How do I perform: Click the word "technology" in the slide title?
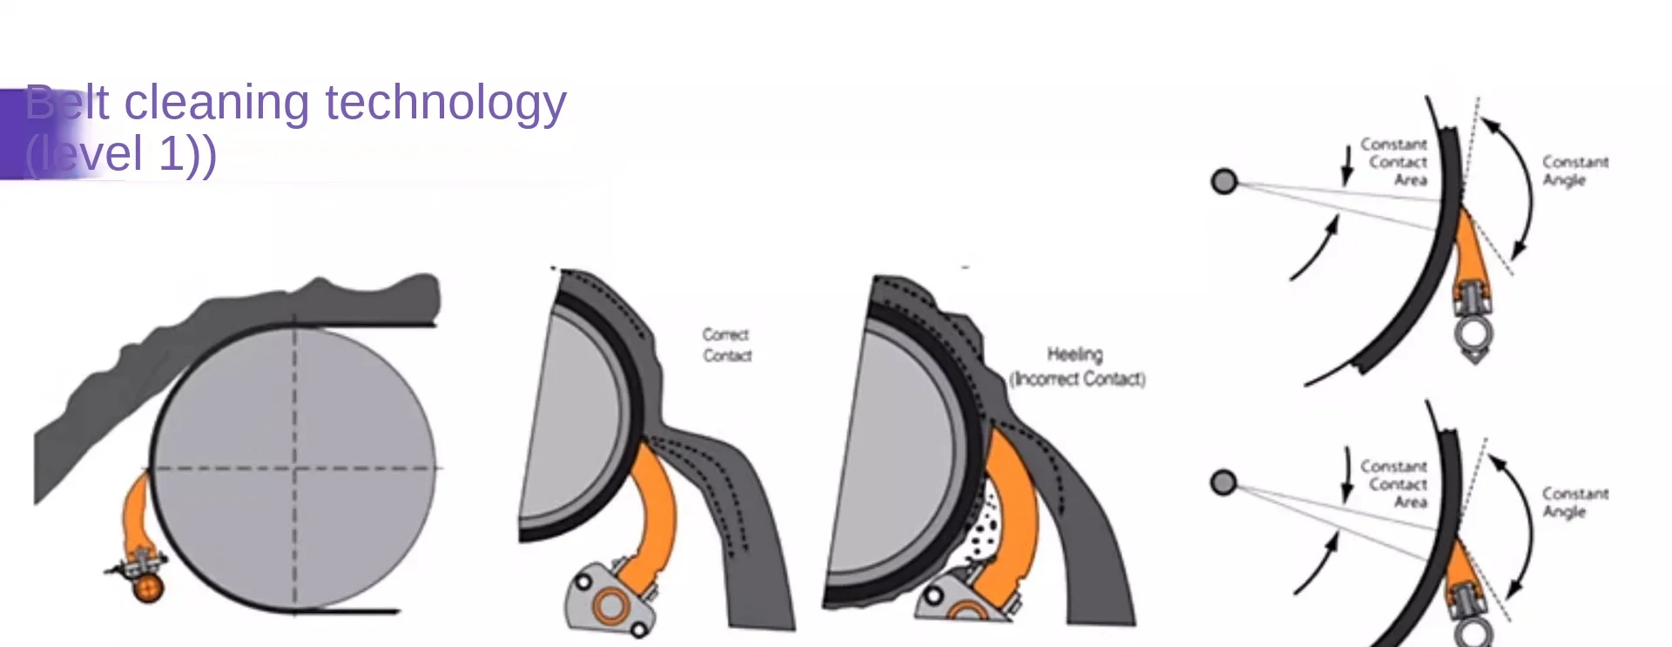point(445,104)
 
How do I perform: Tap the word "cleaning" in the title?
point(216,104)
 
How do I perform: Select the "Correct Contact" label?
point(726,345)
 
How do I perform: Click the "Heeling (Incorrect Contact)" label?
point(1076,367)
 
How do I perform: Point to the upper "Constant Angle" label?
point(1574,171)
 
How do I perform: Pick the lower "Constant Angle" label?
point(1574,502)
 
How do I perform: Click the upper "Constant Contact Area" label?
point(1394,162)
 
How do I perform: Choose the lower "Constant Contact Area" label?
point(1394,484)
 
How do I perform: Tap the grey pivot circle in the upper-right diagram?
point(1224,181)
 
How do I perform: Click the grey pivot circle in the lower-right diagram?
point(1224,482)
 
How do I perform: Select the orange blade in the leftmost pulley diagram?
point(137,514)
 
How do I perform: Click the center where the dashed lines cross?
point(294,468)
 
